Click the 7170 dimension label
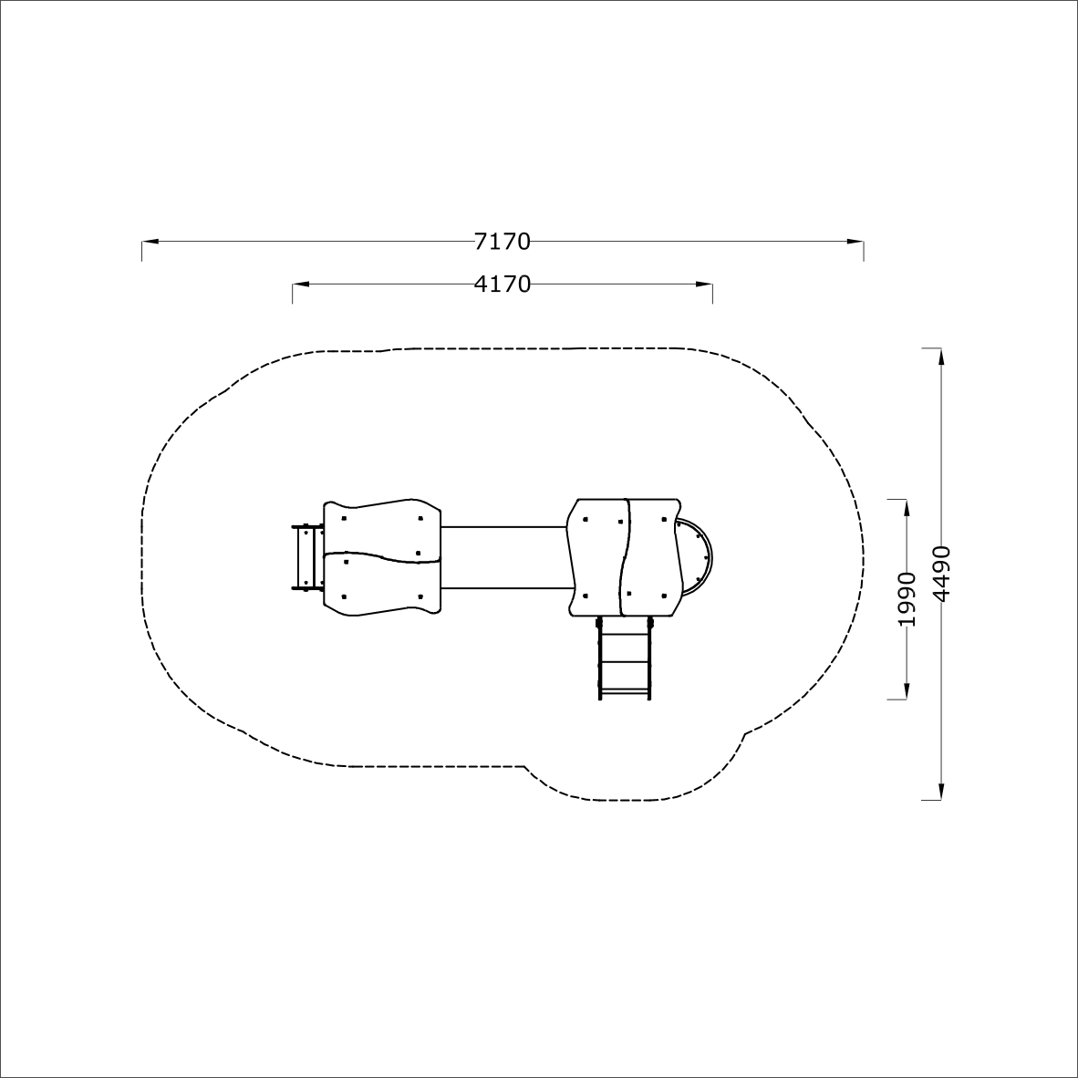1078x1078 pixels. pyautogui.click(x=502, y=242)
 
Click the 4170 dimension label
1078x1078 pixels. pyautogui.click(x=502, y=284)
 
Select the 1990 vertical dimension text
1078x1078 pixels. pyautogui.click(x=907, y=599)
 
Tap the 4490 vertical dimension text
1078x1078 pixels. pyautogui.click(x=941, y=574)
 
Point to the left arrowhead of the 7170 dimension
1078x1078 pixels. pyautogui.click(x=150, y=242)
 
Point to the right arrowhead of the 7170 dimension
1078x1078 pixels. pyautogui.click(x=855, y=242)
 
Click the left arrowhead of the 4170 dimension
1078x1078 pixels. pyautogui.click(x=300, y=284)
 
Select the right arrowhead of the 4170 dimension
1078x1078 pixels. pyautogui.click(x=704, y=284)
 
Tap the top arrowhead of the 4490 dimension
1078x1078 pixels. pyautogui.click(x=941, y=357)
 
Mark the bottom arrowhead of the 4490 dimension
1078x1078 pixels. pyautogui.click(x=941, y=792)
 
